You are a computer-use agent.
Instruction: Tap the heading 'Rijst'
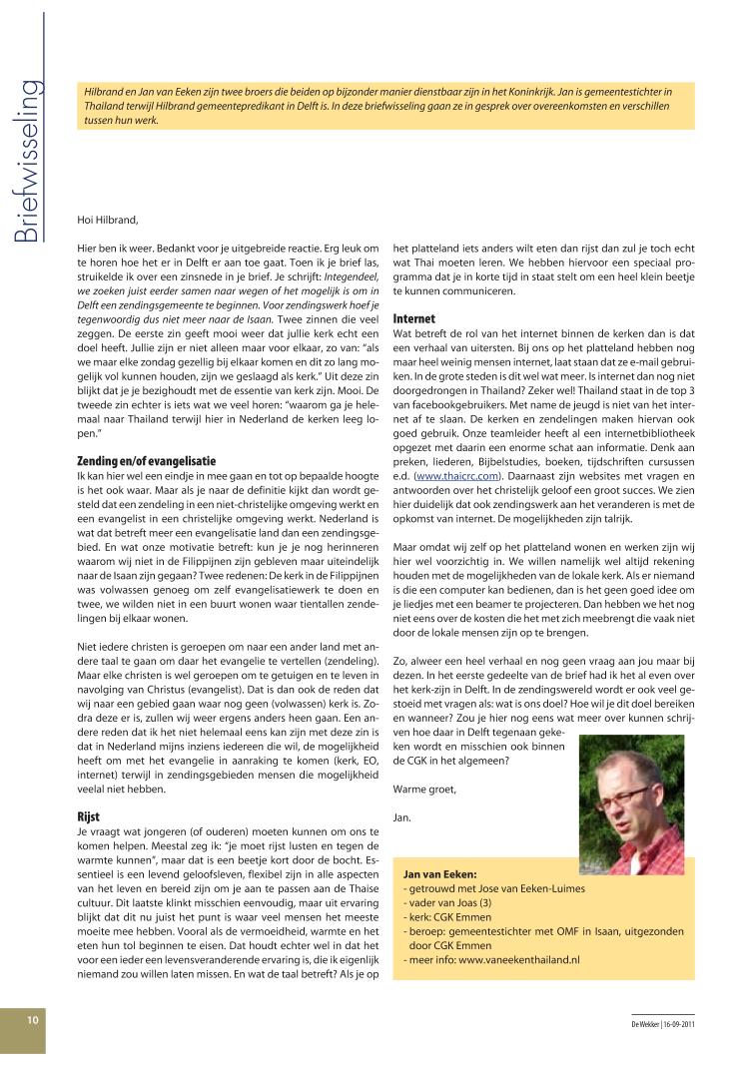point(88,816)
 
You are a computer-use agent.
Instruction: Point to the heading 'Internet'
point(413,317)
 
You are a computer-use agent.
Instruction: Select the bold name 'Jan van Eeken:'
point(439,873)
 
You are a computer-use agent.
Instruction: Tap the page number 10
point(33,1020)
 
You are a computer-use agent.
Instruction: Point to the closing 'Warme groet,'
point(424,789)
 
